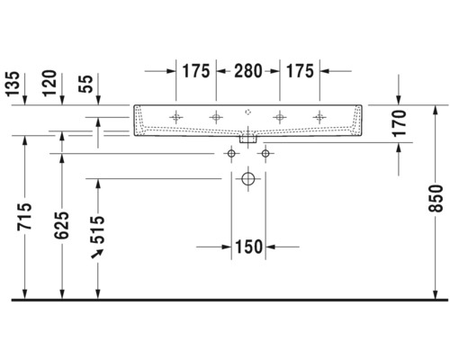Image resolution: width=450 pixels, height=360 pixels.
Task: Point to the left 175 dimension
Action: click(x=195, y=70)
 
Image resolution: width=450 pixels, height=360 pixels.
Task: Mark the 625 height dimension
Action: click(x=61, y=221)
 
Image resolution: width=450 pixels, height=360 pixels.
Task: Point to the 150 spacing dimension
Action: click(x=247, y=247)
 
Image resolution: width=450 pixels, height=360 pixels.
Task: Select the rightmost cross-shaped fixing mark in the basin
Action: click(x=319, y=116)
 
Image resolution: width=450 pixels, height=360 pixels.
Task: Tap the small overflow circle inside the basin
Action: click(x=247, y=114)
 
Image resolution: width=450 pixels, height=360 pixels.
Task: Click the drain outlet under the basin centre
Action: click(x=247, y=139)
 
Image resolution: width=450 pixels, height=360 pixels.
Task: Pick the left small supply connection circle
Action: click(x=230, y=155)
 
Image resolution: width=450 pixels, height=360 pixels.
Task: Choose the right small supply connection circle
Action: click(x=265, y=155)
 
